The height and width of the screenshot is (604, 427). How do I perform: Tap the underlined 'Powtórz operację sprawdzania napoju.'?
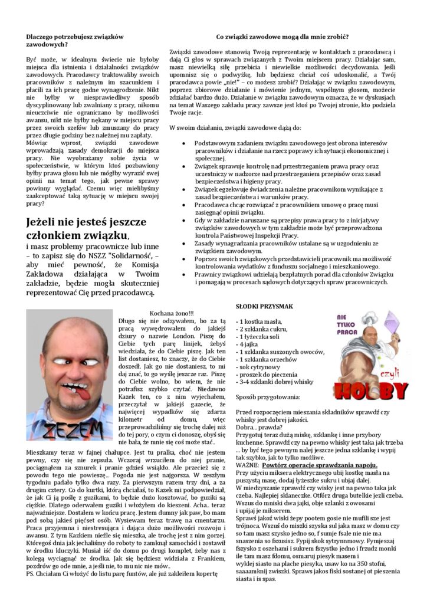(315, 465)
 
